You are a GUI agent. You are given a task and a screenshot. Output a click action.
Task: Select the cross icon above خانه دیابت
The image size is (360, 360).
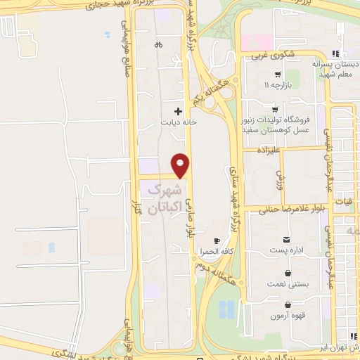[x=178, y=110]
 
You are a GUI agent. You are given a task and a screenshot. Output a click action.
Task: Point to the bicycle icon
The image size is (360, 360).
[x=158, y=44]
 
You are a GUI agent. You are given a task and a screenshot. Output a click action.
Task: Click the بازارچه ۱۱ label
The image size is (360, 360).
[x=277, y=85]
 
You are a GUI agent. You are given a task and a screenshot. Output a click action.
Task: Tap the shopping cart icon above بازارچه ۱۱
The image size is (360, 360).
[x=278, y=74]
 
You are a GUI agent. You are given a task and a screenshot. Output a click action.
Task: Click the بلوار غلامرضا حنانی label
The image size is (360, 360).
[x=283, y=208]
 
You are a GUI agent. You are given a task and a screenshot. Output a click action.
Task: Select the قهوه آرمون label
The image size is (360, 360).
[x=288, y=316]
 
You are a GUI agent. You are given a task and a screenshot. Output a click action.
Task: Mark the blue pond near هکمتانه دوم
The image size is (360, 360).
[x=227, y=308]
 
